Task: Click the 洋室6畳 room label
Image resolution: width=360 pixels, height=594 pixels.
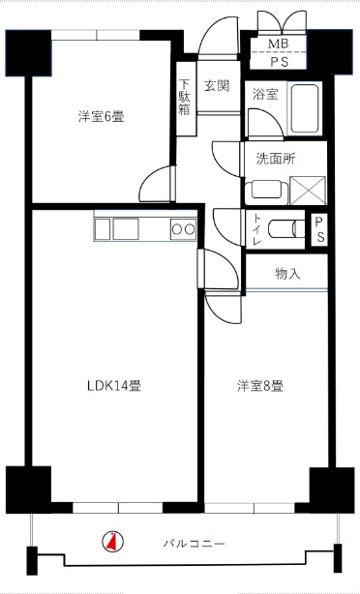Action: pyautogui.click(x=101, y=117)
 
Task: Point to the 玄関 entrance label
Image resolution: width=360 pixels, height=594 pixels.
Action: pyautogui.click(x=216, y=86)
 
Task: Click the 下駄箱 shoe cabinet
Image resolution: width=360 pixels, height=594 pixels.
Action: pyautogui.click(x=185, y=97)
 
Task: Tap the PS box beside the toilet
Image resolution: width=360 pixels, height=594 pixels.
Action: pyautogui.click(x=320, y=230)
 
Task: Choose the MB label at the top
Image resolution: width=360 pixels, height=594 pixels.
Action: pyautogui.click(x=278, y=45)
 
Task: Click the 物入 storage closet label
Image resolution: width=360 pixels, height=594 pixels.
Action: pyautogui.click(x=287, y=274)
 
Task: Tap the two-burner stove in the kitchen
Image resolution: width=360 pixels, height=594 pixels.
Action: pyautogui.click(x=183, y=229)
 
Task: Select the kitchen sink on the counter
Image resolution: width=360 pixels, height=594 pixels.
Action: pyautogui.click(x=127, y=229)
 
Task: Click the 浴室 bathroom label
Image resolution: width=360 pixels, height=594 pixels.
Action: pyautogui.click(x=264, y=95)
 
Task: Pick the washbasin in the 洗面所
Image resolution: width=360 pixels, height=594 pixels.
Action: pyautogui.click(x=266, y=187)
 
